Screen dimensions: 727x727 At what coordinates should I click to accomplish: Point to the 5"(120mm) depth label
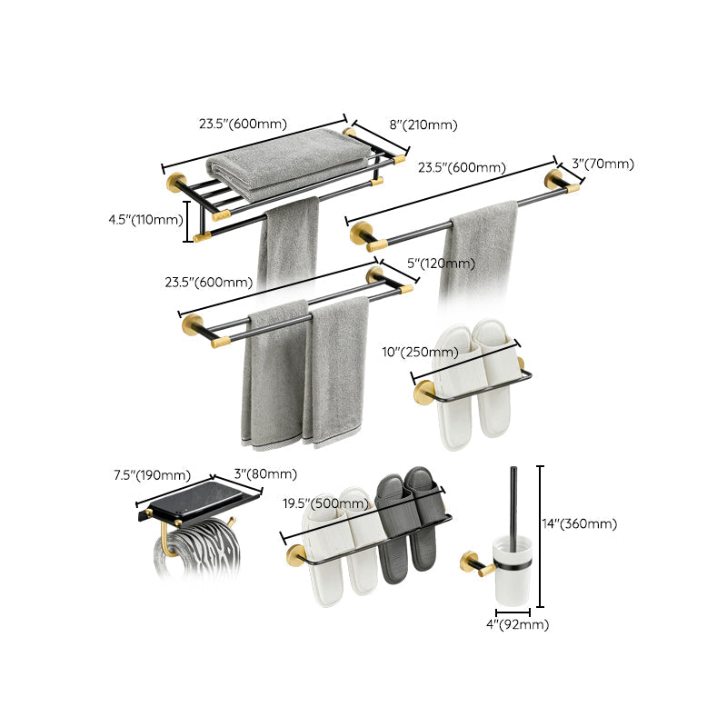pyautogui.click(x=441, y=264)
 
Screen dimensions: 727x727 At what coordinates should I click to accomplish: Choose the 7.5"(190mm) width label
pyautogui.click(x=152, y=474)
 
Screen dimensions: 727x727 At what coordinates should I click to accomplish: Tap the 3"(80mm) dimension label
pyautogui.click(x=266, y=474)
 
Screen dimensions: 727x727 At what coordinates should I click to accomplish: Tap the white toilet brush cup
pyautogui.click(x=513, y=573)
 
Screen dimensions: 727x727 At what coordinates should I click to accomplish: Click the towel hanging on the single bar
pyautogui.click(x=477, y=250)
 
